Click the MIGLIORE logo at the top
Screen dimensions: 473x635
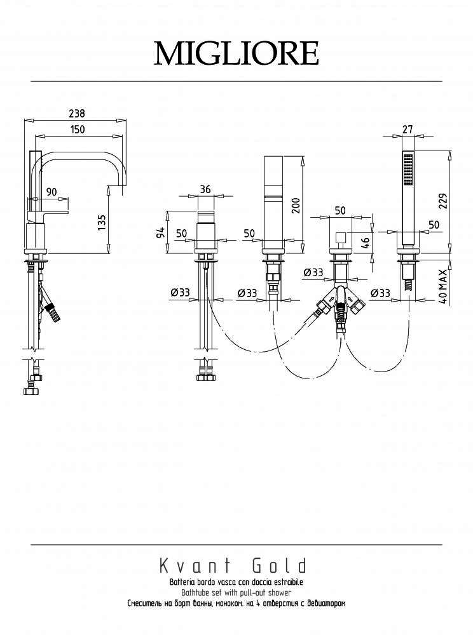coord(236,53)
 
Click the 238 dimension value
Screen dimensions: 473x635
coord(76,114)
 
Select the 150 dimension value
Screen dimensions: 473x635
coord(77,129)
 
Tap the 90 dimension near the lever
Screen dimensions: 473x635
coord(51,192)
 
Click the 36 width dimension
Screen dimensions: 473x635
coord(205,189)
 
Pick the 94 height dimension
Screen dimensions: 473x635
coord(160,232)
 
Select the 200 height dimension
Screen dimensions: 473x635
coord(296,206)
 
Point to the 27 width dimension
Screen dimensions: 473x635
coord(408,129)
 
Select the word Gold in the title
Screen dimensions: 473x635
coord(280,566)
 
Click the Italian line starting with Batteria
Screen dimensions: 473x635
coord(236,582)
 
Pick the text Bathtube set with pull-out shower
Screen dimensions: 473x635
coord(236,593)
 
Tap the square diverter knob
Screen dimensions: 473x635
coord(340,237)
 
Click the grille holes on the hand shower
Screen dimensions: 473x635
coord(408,170)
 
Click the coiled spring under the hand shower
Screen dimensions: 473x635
coord(409,286)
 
